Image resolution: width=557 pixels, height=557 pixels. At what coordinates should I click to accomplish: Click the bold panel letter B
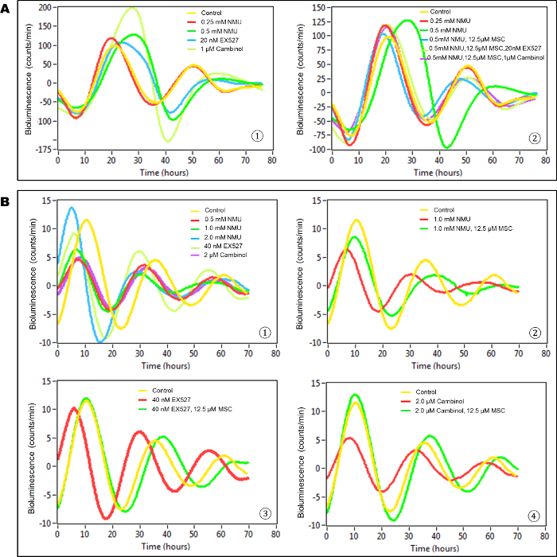pos(7,202)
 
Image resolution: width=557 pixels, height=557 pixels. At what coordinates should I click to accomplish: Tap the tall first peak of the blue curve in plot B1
pos(72,208)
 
